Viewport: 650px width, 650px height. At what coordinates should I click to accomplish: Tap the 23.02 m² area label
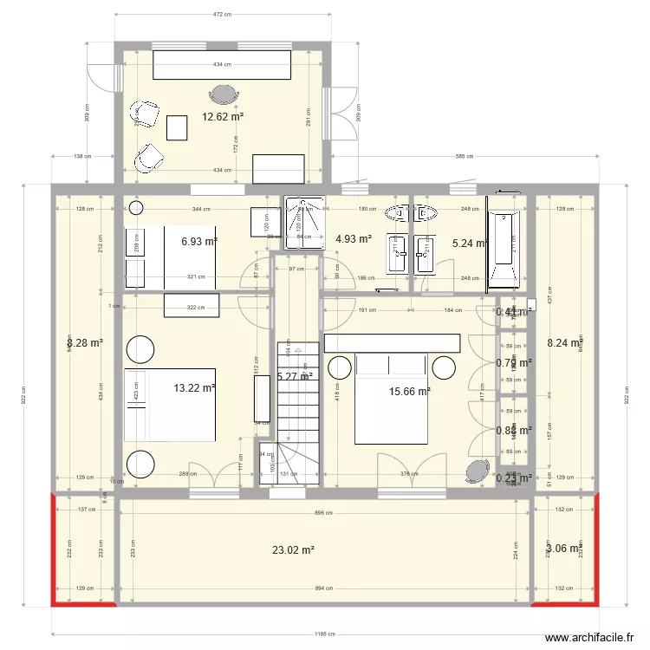coord(293,549)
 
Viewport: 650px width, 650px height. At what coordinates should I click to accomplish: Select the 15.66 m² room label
coord(410,392)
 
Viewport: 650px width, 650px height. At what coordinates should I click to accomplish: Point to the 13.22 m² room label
coord(194,388)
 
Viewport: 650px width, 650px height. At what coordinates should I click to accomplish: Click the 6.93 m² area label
coord(198,243)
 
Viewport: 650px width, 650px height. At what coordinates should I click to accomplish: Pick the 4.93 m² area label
coord(353,239)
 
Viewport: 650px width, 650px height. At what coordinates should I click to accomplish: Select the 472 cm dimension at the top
coord(223,15)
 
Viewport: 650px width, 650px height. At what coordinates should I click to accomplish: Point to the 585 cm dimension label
coord(465,157)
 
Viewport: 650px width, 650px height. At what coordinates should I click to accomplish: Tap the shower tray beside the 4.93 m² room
coord(304,222)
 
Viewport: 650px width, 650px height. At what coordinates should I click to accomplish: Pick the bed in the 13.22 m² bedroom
coord(169,405)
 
